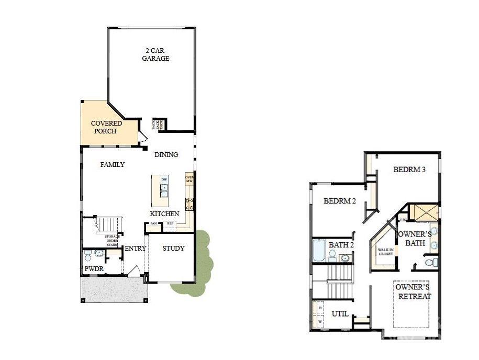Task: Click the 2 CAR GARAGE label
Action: [x=155, y=55]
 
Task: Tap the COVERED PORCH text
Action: [x=106, y=127]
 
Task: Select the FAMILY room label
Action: [x=113, y=164]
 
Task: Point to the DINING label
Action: [x=166, y=154]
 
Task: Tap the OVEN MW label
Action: [x=190, y=179]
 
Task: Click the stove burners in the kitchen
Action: [x=190, y=204]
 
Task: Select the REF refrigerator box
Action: [x=170, y=224]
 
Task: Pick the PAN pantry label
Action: [x=153, y=224]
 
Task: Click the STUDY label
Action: [x=173, y=248]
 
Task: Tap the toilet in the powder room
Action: [x=88, y=256]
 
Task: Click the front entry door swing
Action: [x=135, y=272]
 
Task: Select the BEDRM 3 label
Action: [x=409, y=170]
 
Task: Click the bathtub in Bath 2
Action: [x=319, y=250]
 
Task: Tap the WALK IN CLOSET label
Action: [x=386, y=252]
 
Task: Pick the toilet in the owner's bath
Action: [x=430, y=262]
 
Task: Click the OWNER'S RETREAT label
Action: [x=413, y=292]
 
